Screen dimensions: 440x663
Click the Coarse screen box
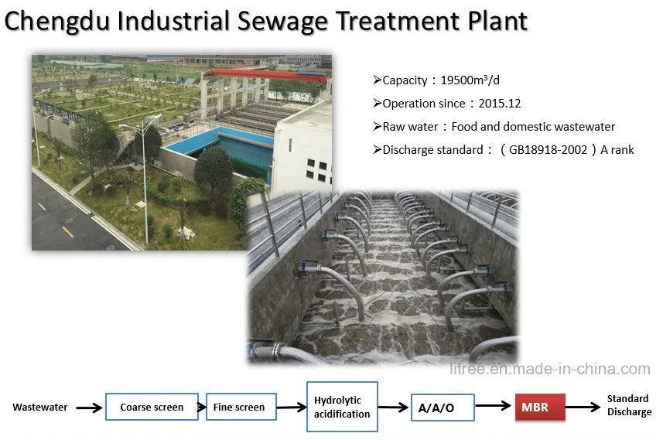tap(152, 407)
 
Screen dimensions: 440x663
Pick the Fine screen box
tap(241, 407)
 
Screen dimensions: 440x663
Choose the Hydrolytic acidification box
tap(342, 407)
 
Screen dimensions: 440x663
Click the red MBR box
tap(540, 407)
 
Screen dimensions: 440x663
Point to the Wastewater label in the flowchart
tap(39, 407)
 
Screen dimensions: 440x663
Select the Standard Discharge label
tap(628, 405)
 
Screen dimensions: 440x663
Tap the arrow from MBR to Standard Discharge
tap(583, 406)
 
